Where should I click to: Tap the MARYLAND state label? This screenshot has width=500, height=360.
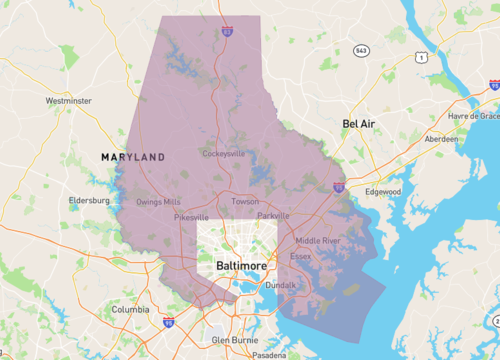(x=133, y=158)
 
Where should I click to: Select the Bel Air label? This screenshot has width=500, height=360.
(x=363, y=123)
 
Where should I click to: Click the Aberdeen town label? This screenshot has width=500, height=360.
(x=441, y=139)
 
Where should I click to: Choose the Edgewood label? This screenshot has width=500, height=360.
(x=382, y=191)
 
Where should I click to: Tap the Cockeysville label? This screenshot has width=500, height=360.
(x=223, y=154)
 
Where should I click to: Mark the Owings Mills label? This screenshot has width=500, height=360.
(x=158, y=201)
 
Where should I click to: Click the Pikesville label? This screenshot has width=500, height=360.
(x=191, y=217)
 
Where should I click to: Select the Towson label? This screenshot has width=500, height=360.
(x=245, y=201)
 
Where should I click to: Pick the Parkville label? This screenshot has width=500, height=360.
(x=272, y=215)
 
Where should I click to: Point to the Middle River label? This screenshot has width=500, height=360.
(x=318, y=240)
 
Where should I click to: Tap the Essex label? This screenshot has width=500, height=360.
(x=300, y=256)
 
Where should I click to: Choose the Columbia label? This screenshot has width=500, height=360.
(x=130, y=310)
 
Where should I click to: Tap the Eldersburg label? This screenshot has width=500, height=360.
(x=88, y=200)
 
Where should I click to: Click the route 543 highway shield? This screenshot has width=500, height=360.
(x=360, y=50)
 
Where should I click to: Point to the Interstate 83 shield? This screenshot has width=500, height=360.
(x=228, y=32)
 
